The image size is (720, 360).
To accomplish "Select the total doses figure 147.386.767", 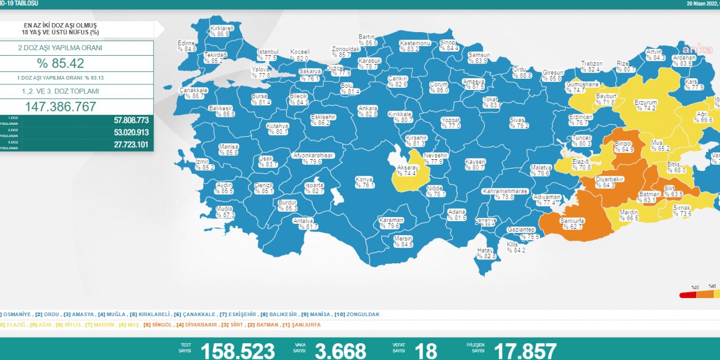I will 61,106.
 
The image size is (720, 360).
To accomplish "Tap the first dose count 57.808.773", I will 123,120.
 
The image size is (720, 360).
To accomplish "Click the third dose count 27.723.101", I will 123,145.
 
